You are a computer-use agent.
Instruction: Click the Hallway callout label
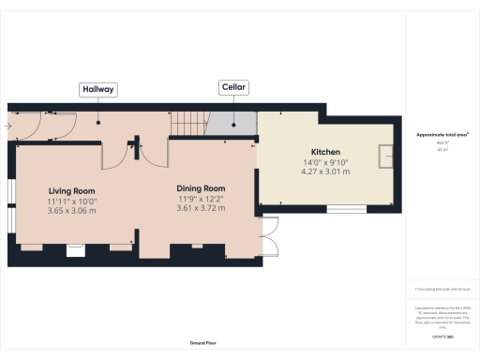click(x=98, y=89)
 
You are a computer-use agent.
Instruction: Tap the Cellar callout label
click(x=232, y=86)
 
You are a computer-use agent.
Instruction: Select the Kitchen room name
click(x=325, y=152)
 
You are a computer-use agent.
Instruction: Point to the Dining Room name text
click(x=202, y=187)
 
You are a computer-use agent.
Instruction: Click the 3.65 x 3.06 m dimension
click(x=72, y=211)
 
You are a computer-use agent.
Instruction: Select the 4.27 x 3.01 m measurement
click(x=325, y=172)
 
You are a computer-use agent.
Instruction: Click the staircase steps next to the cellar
click(x=187, y=122)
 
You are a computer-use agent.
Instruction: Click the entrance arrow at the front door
click(x=11, y=122)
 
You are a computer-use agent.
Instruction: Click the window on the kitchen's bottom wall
click(x=353, y=209)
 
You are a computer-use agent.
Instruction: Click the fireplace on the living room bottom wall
click(x=76, y=250)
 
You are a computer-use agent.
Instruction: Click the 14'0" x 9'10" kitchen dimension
click(x=325, y=162)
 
